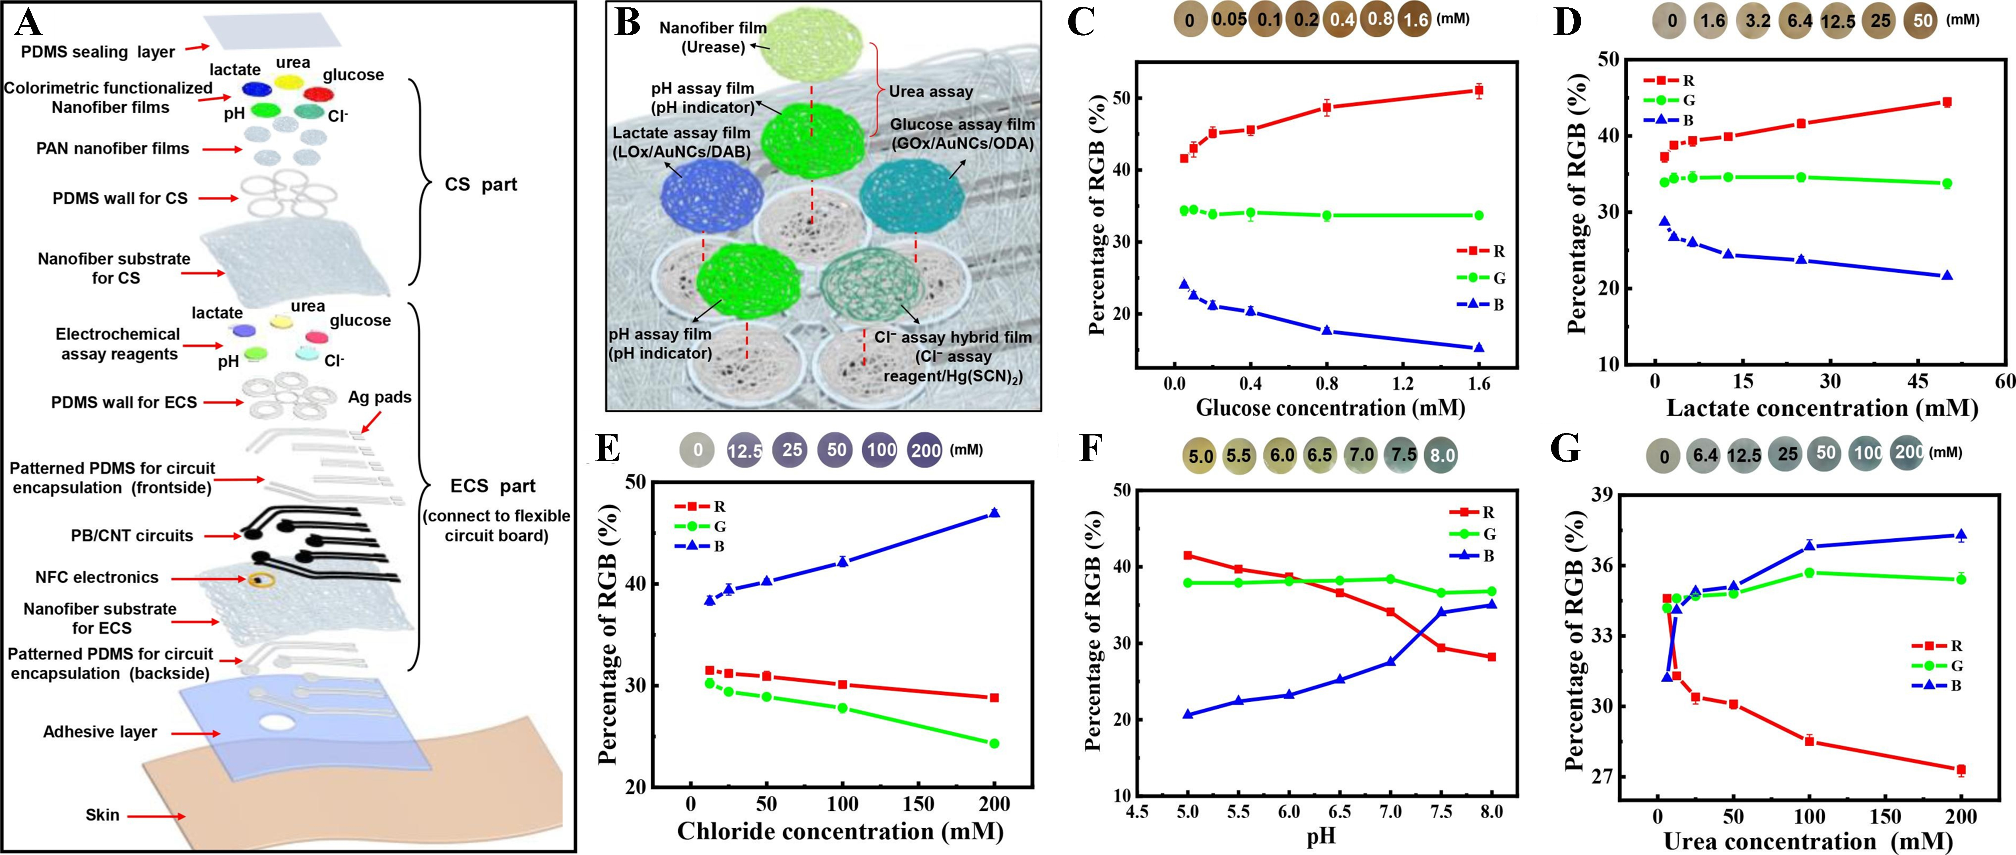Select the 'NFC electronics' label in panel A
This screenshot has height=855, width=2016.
click(x=97, y=577)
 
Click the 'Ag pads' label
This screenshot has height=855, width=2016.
click(x=379, y=397)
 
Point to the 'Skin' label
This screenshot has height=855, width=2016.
click(x=102, y=815)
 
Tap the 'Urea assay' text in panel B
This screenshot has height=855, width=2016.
click(x=930, y=92)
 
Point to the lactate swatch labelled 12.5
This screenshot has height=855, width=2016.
click(x=1837, y=21)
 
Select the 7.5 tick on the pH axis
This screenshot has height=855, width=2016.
click(x=1441, y=812)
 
